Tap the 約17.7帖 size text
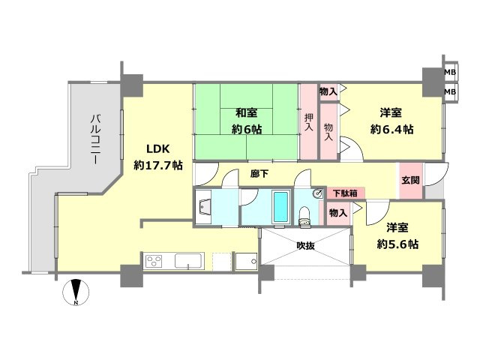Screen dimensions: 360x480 pyautogui.click(x=157, y=165)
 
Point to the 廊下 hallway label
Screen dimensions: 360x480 pyautogui.click(x=259, y=173)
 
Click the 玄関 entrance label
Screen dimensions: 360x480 pyautogui.click(x=410, y=181)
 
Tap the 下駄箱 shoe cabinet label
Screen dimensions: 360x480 pyautogui.click(x=345, y=193)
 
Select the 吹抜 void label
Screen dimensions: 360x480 pyautogui.click(x=304, y=245)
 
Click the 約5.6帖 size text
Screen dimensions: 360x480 pyautogui.click(x=397, y=244)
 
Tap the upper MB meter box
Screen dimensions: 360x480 pyautogui.click(x=450, y=73)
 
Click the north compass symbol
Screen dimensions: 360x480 pyautogui.click(x=76, y=292)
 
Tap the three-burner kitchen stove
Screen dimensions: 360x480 pyautogui.click(x=154, y=261)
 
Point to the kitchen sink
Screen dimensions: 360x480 pyautogui.click(x=184, y=262)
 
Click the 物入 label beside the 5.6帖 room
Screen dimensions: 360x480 pyautogui.click(x=338, y=213)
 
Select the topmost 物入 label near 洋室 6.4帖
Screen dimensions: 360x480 pyautogui.click(x=328, y=91)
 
